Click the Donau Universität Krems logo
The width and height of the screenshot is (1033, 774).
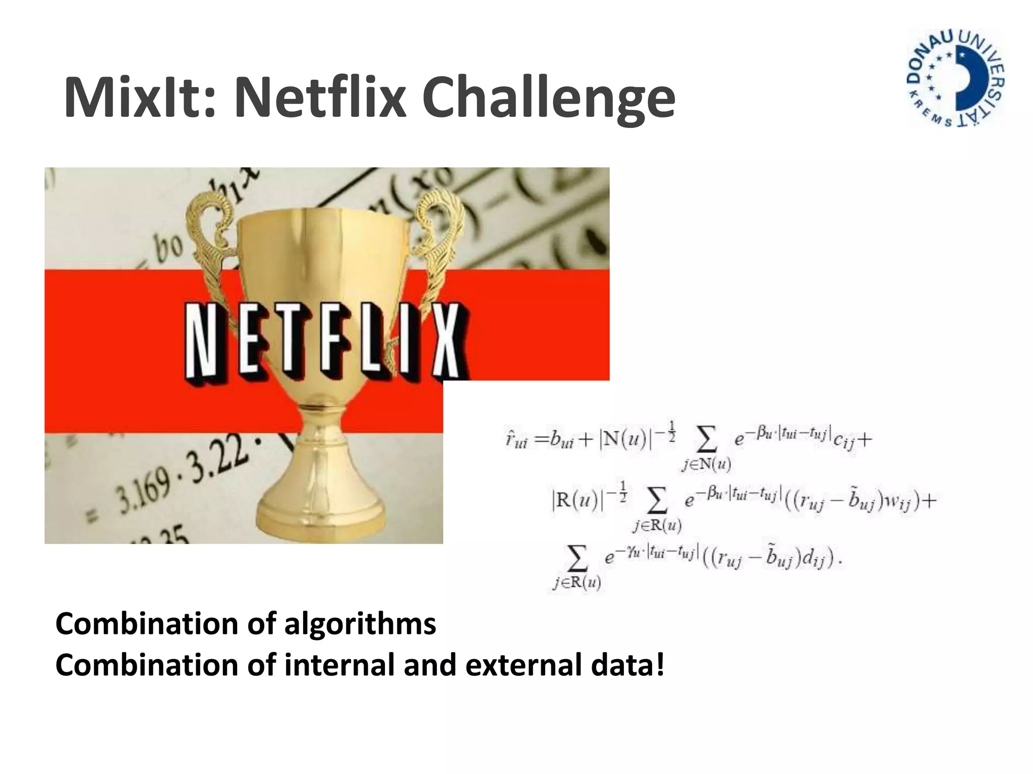(955, 78)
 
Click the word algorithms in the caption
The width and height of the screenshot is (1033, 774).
(360, 624)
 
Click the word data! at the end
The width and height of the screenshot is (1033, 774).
(628, 665)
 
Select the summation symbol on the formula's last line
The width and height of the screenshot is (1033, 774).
(578, 557)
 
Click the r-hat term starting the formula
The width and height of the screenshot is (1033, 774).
(515, 439)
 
